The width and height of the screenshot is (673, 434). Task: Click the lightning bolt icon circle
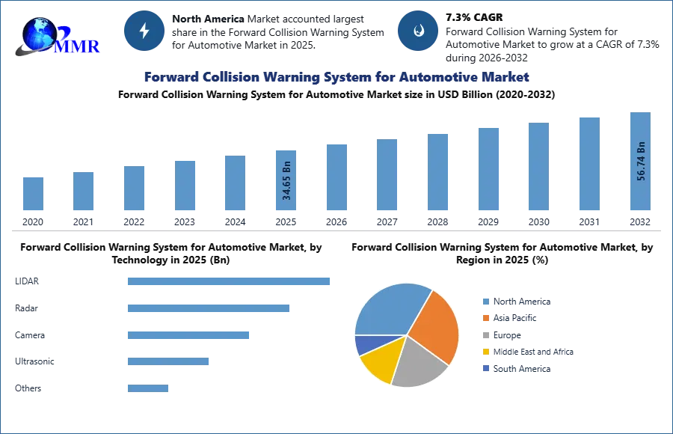tap(145, 31)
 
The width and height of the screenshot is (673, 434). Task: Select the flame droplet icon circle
tap(418, 31)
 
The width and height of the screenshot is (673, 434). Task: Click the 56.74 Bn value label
tap(640, 160)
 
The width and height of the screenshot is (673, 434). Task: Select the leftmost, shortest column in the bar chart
tap(33, 194)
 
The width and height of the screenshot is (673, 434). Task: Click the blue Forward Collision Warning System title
tap(336, 77)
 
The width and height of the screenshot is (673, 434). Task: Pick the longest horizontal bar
tap(230, 281)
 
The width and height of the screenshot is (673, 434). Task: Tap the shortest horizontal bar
tap(149, 388)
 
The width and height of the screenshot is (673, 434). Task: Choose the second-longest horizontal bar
tap(209, 308)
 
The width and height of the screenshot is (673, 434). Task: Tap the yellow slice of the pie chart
tap(378, 364)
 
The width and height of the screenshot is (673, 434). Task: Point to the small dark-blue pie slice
tap(364, 344)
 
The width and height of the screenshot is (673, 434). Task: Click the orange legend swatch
tap(485, 318)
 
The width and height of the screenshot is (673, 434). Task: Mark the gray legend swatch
tap(485, 335)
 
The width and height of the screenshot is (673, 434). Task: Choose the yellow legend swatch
tap(485, 352)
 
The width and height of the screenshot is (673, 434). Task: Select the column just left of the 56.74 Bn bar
tap(589, 164)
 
